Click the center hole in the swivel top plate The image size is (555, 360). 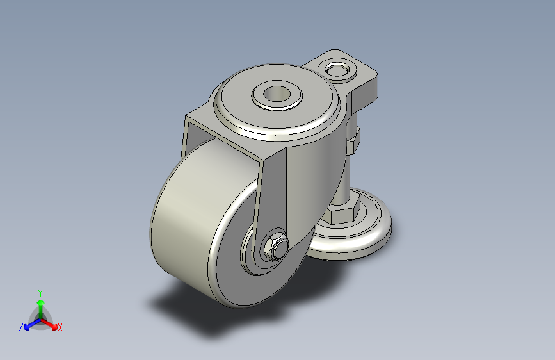tap(277, 95)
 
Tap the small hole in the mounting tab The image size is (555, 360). tap(337, 69)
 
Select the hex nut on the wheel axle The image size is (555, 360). tap(275, 246)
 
